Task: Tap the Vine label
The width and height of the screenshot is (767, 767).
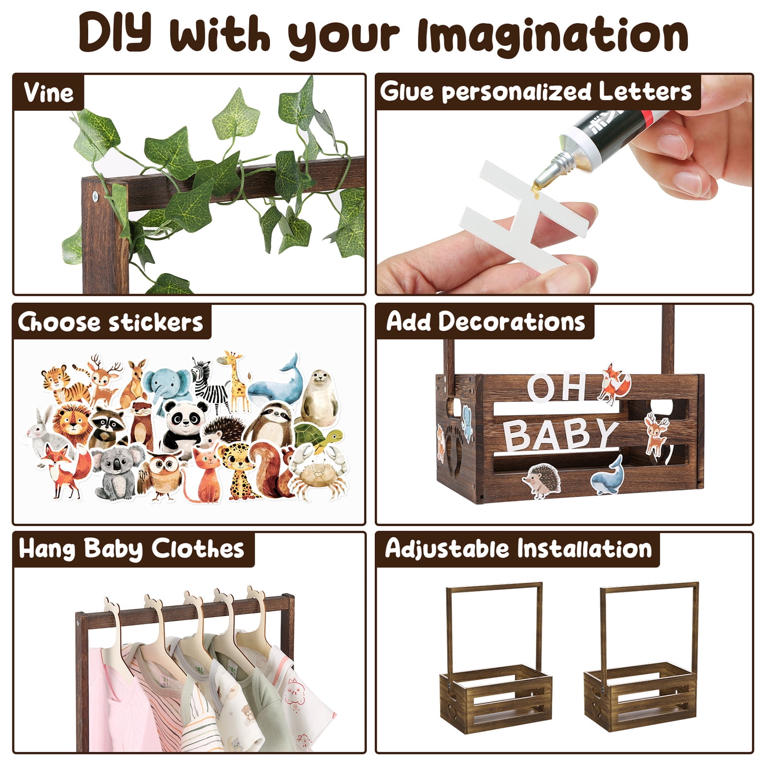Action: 48,92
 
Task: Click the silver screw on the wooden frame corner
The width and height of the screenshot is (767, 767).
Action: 95,195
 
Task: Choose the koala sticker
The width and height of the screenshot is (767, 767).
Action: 117,472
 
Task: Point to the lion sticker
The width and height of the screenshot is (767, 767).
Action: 72,424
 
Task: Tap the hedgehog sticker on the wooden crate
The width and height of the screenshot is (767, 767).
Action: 542,479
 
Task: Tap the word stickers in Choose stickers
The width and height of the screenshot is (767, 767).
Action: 156,322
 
